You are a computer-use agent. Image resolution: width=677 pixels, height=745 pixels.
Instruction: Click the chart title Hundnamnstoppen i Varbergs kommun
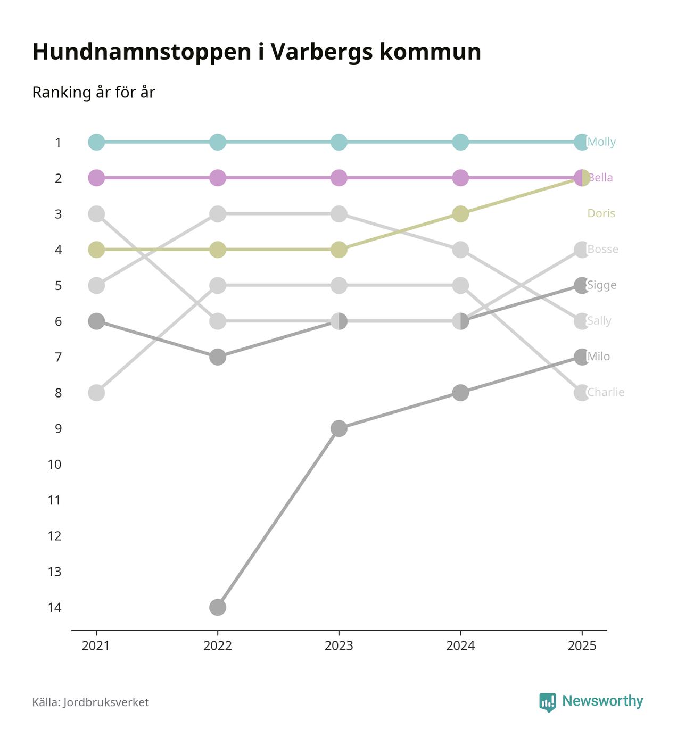pos(257,52)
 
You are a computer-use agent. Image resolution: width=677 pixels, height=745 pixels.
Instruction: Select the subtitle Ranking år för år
pos(93,92)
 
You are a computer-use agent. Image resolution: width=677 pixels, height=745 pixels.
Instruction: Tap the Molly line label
pos(602,142)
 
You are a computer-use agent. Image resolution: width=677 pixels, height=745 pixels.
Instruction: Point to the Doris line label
pos(601,213)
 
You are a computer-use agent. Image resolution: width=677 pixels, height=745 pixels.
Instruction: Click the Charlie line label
pos(606,392)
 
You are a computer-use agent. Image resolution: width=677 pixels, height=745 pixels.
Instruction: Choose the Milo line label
pos(599,357)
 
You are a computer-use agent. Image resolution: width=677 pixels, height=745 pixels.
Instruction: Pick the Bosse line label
pos(602,249)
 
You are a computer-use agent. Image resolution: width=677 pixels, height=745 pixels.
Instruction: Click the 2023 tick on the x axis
pos(339,645)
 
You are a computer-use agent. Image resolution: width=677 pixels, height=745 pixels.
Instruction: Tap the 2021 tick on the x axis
pos(96,645)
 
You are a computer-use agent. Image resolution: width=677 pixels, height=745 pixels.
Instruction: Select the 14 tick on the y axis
pos(54,607)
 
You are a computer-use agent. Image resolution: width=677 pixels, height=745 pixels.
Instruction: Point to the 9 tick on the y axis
pos(58,428)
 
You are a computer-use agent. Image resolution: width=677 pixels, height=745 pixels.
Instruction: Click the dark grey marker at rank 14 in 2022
pos(217,607)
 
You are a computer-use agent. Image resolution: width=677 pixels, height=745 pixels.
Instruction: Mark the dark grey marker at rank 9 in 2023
pos(339,428)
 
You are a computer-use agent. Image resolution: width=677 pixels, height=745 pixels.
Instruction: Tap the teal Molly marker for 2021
pos(96,142)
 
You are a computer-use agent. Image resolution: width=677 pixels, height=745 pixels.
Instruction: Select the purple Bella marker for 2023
pos(339,178)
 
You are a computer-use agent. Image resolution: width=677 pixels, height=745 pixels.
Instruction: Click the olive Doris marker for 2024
pos(460,214)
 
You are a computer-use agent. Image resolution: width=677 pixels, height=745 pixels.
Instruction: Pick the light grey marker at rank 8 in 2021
pos(96,393)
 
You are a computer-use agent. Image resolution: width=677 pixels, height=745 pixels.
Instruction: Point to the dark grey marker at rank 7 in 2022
pos(217,357)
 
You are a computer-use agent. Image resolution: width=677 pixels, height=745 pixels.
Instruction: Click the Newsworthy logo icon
pos(547,702)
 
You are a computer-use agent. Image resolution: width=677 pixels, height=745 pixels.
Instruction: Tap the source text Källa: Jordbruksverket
pos(90,702)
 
